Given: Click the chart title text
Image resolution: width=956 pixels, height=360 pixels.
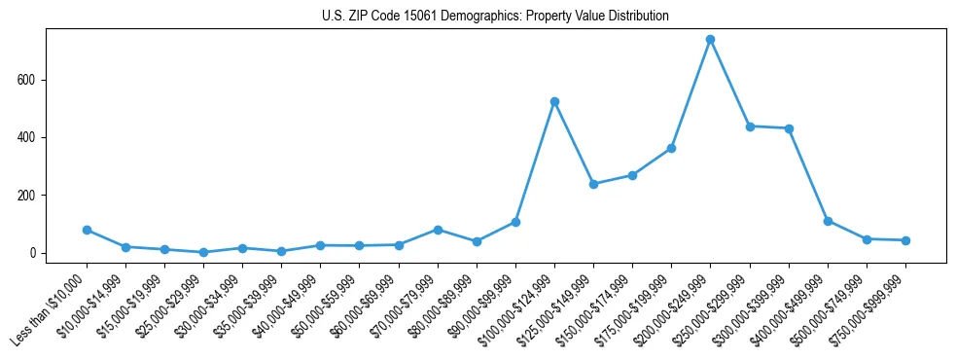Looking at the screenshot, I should pos(495,17).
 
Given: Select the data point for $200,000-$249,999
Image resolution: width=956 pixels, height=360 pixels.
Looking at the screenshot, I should pos(710,40).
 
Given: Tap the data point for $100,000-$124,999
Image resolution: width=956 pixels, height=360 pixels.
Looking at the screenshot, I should pos(554,101).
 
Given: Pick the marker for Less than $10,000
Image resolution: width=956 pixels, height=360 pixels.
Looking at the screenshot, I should pos(87,231).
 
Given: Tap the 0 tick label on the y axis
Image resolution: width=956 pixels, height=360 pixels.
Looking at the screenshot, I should pos(34,253).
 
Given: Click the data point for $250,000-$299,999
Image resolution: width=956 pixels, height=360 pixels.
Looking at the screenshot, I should pos(750,126).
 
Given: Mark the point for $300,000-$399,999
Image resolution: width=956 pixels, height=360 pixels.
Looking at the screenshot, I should pos(789,128).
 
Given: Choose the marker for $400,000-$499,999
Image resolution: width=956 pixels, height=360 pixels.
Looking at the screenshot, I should pos(828,221).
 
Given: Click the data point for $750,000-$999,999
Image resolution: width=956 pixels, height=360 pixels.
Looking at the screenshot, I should pos(905,240).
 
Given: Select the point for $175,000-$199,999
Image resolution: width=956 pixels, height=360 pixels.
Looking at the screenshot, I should pos(671,148).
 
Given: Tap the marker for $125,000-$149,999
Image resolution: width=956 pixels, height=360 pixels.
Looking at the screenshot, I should pos(593,184).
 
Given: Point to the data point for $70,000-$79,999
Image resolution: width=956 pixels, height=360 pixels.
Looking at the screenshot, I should pos(438,230).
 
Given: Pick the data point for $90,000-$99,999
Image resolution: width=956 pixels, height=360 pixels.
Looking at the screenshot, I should pos(515,222).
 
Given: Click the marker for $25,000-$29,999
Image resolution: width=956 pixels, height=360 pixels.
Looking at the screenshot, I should pos(203,252).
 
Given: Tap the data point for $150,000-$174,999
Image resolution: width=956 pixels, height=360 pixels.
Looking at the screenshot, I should pos(632,175).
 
